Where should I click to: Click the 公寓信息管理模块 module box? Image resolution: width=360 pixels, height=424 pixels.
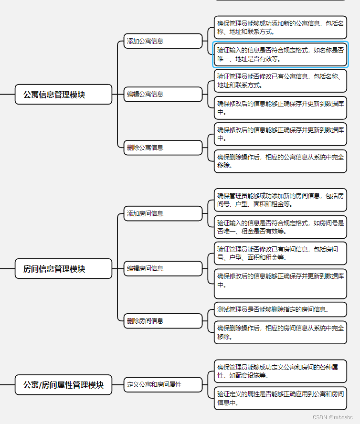coord(64,95)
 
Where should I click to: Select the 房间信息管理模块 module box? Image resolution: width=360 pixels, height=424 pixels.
coord(64,269)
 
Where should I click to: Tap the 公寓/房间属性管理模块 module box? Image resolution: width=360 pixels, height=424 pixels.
coord(64,384)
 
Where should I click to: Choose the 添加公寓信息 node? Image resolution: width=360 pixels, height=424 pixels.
coord(163,41)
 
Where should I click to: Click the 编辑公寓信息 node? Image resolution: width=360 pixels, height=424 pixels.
coord(163,94)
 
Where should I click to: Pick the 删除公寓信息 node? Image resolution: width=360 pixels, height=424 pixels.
coord(163,148)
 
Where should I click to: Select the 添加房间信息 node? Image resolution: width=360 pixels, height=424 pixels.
coord(163,213)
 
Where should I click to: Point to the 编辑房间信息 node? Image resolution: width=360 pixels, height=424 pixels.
coord(163,268)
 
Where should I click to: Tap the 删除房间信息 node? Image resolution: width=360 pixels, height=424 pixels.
coord(163,321)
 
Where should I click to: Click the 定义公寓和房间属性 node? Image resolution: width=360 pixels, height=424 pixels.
coord(163,384)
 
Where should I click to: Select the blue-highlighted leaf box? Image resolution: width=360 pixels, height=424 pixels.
coord(280,54)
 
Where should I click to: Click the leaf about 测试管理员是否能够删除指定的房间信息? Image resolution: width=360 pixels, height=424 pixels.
coord(280,309)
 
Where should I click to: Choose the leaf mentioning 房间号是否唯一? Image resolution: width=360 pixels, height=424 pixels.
coord(280,227)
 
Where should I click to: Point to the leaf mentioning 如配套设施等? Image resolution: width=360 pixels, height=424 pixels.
coord(280,371)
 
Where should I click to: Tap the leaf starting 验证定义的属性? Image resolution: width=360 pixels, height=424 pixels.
coord(280,398)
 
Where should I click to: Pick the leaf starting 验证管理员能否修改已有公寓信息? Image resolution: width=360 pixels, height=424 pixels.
coord(280,81)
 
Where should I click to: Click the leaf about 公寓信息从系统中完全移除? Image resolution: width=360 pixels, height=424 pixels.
coord(280,161)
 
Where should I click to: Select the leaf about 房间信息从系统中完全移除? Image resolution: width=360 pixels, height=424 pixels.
coord(280,332)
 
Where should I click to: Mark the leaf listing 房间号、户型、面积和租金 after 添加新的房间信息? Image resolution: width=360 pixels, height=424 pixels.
coord(280,200)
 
